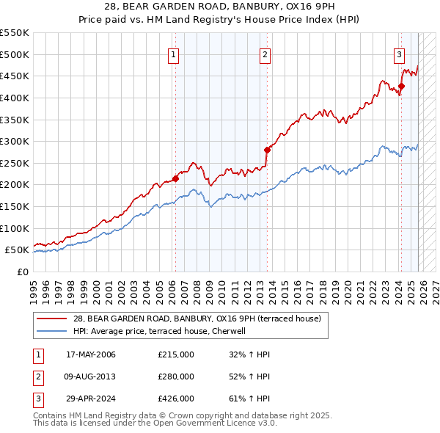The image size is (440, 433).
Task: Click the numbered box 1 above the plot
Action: tap(174, 54)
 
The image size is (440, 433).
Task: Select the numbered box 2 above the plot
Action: tap(265, 54)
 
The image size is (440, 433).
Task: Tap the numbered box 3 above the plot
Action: tap(399, 54)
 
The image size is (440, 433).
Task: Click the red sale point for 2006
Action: tap(176, 178)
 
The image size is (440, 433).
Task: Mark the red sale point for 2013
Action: tap(267, 150)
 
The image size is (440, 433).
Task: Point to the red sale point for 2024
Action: tap(402, 86)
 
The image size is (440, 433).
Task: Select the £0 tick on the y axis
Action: tap(22, 272)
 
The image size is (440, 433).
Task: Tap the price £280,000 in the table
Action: tap(176, 376)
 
